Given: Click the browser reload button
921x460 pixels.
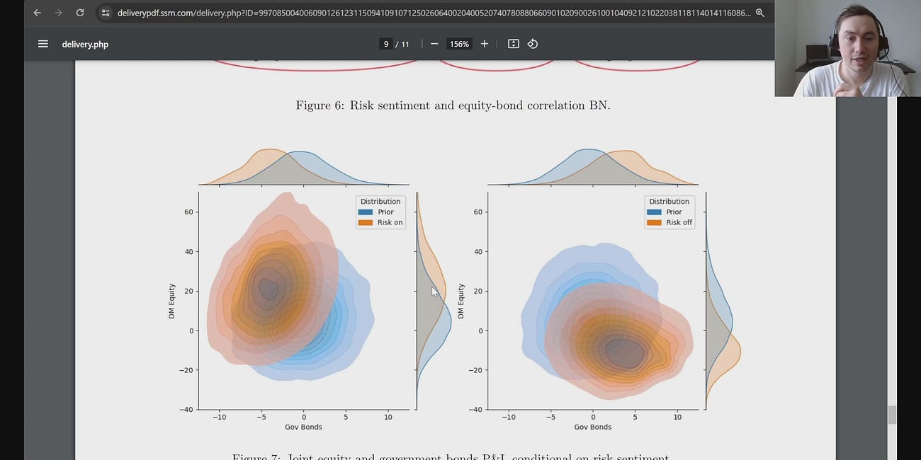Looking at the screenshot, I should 80,13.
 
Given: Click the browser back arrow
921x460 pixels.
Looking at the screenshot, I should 37,13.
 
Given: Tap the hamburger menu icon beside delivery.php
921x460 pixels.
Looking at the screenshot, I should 43,44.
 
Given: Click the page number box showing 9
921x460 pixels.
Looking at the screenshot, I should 386,44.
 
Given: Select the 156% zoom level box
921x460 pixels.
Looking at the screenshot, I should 459,44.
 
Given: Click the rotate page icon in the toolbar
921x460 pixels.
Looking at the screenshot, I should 533,44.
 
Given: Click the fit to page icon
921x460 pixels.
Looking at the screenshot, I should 514,44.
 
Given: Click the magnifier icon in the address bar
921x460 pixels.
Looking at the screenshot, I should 759,13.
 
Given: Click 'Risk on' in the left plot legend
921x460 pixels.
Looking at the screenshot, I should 389,222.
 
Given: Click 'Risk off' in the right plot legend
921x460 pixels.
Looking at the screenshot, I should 678,222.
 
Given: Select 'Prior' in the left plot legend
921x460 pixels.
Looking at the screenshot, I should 385,212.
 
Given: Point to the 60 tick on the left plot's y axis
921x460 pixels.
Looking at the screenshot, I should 189,212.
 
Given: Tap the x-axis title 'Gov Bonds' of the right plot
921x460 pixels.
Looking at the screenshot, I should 592,427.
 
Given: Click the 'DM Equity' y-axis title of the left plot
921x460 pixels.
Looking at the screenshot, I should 171,301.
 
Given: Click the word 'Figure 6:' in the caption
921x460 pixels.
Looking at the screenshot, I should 320,105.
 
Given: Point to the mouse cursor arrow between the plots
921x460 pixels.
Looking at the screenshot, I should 434,291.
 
